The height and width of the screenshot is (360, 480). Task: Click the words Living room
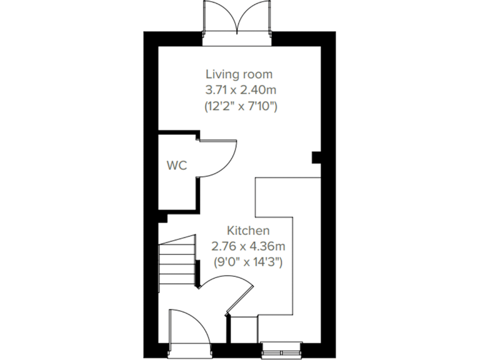pyautogui.click(x=241, y=75)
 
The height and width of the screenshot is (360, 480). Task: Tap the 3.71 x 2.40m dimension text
pyautogui.click(x=241, y=91)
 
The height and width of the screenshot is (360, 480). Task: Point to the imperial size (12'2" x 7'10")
pyautogui.click(x=241, y=106)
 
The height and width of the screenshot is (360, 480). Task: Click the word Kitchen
pyautogui.click(x=248, y=229)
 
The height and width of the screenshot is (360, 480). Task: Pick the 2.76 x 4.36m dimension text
pyautogui.click(x=248, y=246)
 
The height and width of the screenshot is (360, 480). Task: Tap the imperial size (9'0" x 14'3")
pyautogui.click(x=248, y=262)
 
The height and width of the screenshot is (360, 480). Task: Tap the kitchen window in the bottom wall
pyautogui.click(x=282, y=346)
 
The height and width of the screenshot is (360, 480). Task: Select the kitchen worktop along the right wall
pyautogui.click(x=306, y=250)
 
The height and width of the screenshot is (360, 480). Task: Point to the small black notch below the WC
pyautogui.click(x=162, y=217)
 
